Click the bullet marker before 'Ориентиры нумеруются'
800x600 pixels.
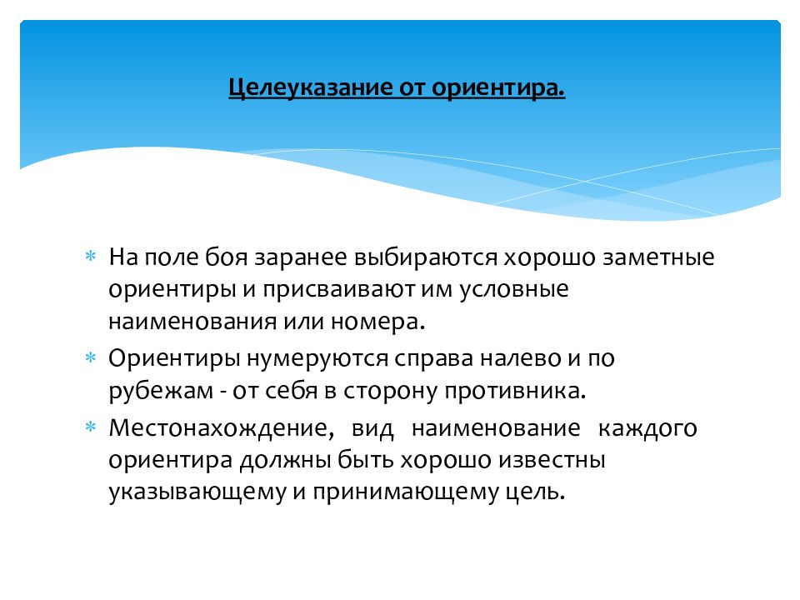91,358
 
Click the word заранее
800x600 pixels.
303,257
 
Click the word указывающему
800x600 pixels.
195,492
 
